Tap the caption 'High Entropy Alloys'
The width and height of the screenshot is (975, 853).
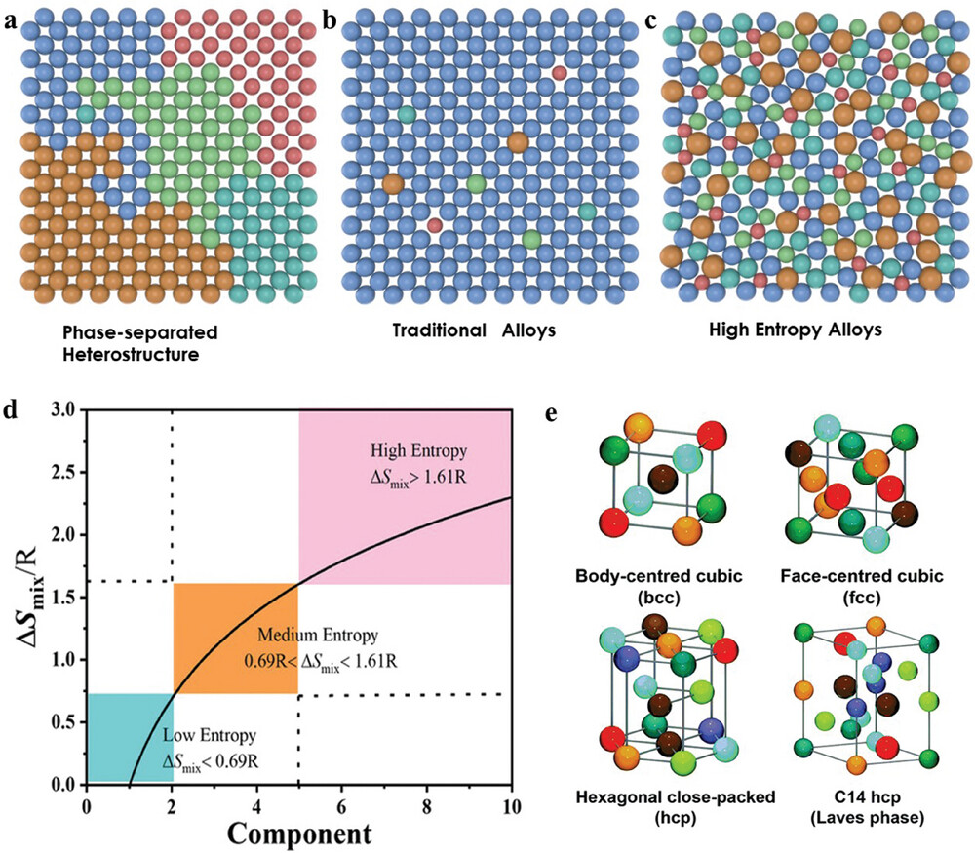798,330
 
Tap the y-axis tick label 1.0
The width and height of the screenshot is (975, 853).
65,660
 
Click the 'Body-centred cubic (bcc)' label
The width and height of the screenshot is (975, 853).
666,585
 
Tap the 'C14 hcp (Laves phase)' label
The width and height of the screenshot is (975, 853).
848,805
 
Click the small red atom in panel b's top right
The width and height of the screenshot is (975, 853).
558,72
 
